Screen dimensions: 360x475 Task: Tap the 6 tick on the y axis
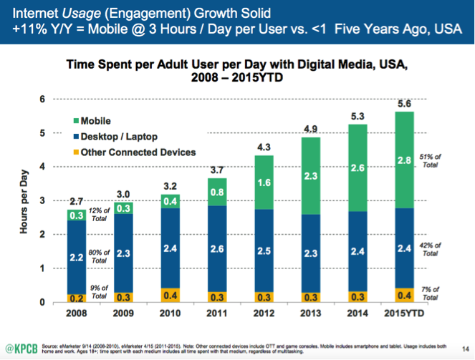point(44,99)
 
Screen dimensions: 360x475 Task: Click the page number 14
point(456,347)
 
